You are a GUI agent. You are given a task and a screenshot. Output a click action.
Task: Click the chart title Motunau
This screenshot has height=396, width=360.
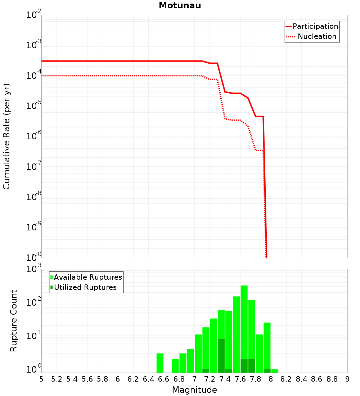180,5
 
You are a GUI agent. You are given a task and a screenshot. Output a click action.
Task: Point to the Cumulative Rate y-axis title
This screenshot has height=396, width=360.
6,136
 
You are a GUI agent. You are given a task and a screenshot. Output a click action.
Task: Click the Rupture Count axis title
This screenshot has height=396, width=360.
14,321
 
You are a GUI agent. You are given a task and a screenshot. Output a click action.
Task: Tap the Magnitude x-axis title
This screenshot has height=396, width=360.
194,390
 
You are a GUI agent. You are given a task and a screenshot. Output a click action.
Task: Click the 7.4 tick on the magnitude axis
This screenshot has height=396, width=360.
225,379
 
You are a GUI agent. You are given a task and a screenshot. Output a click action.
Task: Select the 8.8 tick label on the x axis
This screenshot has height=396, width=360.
332,379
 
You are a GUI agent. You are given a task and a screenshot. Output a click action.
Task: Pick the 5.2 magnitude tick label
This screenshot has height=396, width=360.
57,379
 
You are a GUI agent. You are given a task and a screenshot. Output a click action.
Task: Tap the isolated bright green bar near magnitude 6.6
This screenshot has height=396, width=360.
160,363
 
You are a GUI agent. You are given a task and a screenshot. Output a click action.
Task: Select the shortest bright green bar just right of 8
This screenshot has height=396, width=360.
275,371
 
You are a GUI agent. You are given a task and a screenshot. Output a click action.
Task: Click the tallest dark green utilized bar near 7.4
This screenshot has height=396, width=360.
221,355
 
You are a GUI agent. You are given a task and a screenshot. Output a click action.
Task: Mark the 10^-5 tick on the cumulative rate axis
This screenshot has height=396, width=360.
34,106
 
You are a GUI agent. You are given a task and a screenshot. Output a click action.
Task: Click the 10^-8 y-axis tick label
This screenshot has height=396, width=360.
34,197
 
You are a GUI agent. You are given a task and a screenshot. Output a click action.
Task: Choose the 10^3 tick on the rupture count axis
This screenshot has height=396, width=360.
34,269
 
